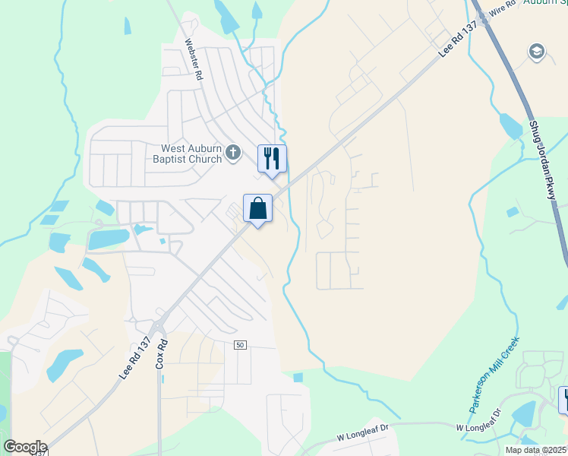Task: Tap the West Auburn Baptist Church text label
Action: point(191,154)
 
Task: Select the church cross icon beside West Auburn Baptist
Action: point(233,154)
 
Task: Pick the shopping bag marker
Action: point(257,208)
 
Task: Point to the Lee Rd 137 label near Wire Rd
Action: point(458,41)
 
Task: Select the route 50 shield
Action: point(240,345)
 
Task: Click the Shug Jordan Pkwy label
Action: point(542,160)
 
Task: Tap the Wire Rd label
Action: point(502,8)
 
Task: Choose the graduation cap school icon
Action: point(537,51)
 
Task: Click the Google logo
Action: point(25,447)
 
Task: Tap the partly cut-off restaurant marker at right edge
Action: point(563,399)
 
